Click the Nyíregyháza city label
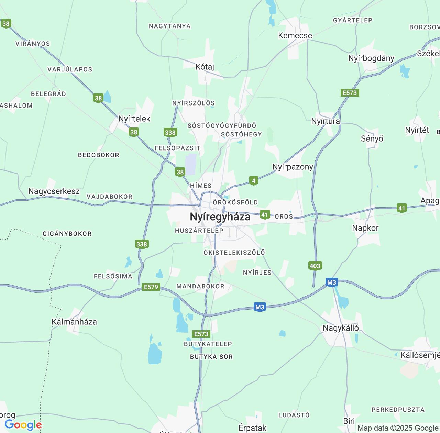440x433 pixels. click(x=220, y=217)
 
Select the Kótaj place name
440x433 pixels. click(x=205, y=67)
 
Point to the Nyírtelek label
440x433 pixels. click(x=134, y=119)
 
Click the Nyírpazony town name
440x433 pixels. click(x=293, y=167)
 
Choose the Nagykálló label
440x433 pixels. click(x=341, y=328)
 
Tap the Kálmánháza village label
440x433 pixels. click(x=74, y=322)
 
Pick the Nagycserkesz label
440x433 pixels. click(x=54, y=191)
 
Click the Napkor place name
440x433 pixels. click(x=365, y=228)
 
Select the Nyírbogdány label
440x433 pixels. click(x=371, y=58)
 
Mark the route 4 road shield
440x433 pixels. click(x=253, y=181)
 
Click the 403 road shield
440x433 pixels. click(x=315, y=266)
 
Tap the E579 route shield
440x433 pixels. click(x=151, y=287)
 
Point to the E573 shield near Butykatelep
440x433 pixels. click(x=201, y=334)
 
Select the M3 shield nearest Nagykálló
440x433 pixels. click(x=331, y=282)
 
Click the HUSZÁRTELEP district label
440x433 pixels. click(x=199, y=231)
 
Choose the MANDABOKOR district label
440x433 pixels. click(x=200, y=286)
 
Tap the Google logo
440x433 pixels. click(x=23, y=425)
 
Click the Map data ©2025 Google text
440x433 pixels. click(x=398, y=428)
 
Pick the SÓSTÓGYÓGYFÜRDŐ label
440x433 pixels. click(x=222, y=126)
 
